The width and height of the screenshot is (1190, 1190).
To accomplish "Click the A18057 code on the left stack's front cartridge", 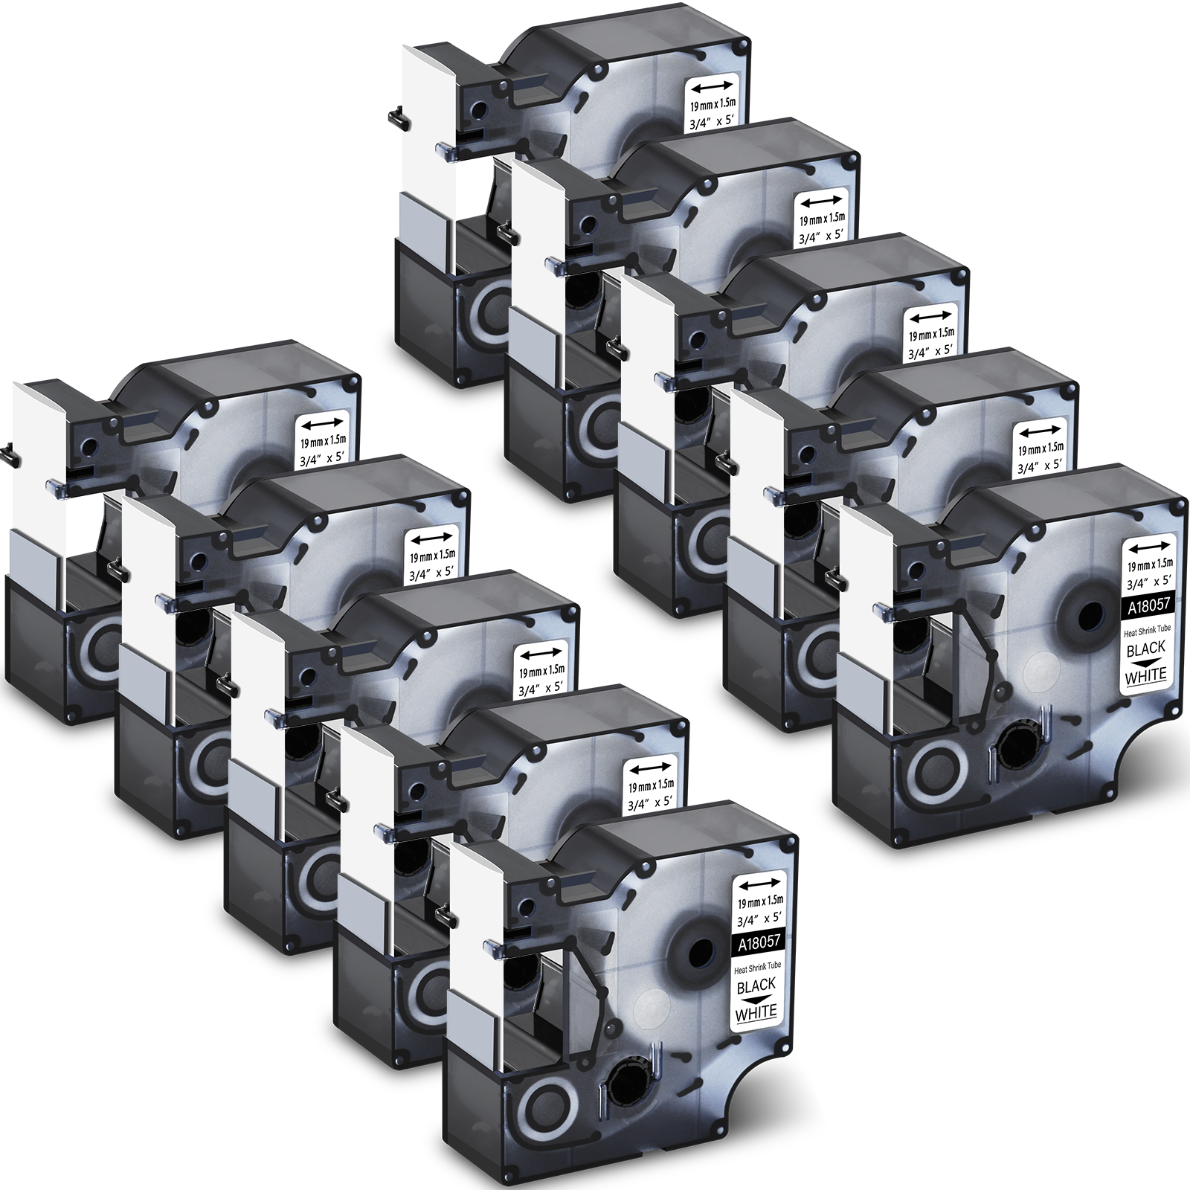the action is point(759,941).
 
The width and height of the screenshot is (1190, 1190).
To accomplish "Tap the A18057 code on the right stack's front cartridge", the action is point(1148,604).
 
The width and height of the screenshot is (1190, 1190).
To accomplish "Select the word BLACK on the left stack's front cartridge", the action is point(756,985).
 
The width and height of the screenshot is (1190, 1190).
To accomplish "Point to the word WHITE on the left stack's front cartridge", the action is point(756,1011).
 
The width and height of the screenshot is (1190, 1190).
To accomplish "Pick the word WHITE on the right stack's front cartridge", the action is point(1147,675).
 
